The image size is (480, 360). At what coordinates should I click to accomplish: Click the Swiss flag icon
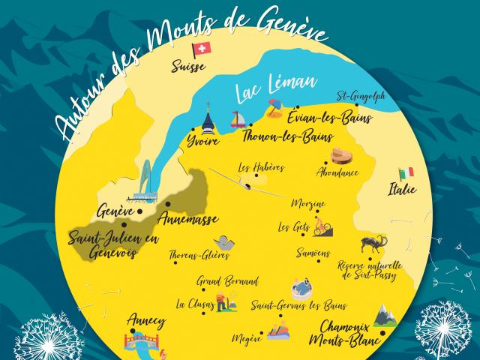coord(202,49)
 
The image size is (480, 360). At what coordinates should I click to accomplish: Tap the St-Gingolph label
coord(359,96)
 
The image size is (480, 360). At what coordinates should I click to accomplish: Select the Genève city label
coord(115,211)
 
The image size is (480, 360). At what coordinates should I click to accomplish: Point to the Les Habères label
coord(260,168)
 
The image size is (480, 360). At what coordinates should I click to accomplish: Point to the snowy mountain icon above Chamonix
coord(384,313)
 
